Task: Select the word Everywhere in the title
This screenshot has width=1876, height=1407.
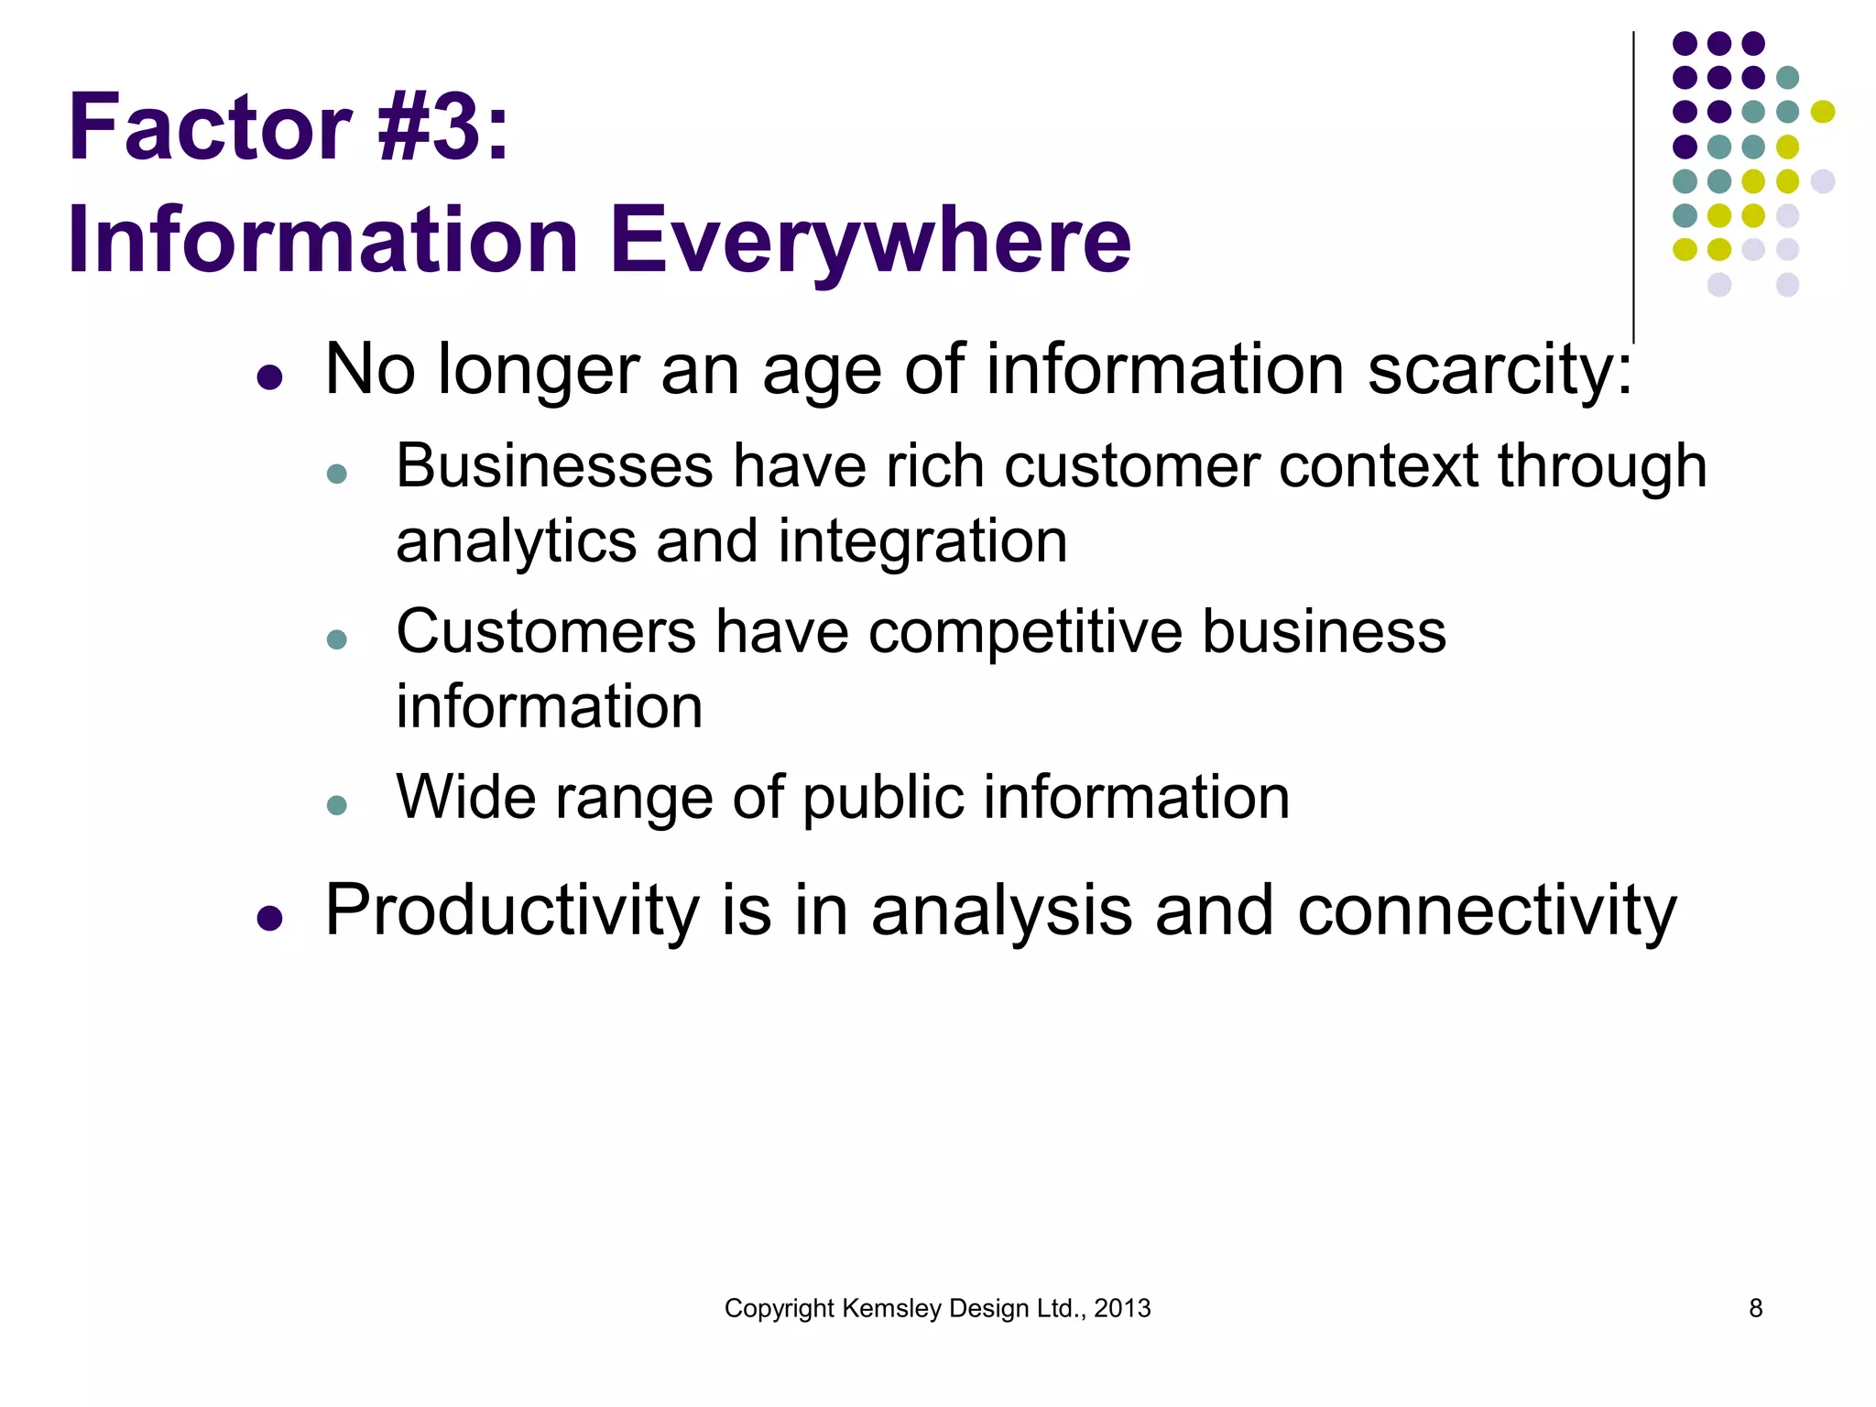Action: click(870, 240)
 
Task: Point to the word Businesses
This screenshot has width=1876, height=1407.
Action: click(553, 466)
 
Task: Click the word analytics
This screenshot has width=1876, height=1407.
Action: click(516, 541)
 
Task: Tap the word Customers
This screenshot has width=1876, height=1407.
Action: click(546, 632)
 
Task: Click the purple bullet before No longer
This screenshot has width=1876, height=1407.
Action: click(269, 376)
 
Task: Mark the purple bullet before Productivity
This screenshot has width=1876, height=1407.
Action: click(269, 917)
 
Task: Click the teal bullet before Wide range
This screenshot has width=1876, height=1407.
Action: click(337, 805)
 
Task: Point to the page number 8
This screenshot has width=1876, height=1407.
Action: click(1755, 1308)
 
